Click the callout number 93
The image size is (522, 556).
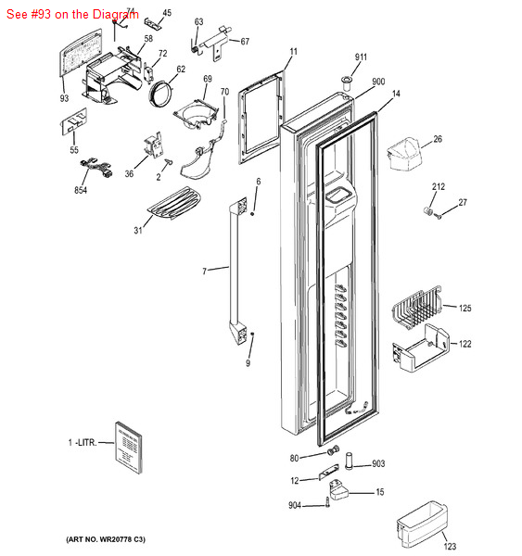point(64,98)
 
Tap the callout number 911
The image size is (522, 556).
point(361,57)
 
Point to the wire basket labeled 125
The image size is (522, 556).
point(417,307)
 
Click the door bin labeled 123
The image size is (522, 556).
point(422,524)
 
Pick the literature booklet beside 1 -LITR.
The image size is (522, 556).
point(129,448)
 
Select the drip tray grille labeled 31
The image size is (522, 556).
point(175,203)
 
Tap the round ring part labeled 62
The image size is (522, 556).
point(160,94)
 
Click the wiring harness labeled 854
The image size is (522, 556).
point(96,169)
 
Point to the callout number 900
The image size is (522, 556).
point(378,82)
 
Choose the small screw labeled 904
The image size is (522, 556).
point(327,502)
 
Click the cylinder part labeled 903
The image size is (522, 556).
point(350,461)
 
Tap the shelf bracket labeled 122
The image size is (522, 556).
point(421,347)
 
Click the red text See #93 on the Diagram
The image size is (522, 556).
point(72,14)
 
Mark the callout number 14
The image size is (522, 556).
point(396,94)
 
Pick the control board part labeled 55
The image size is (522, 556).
point(74,121)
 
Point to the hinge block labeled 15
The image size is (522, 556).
point(338,489)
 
